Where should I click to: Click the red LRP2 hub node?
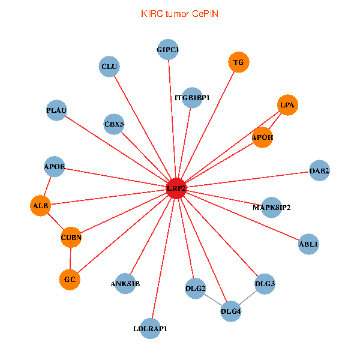click(x=176, y=188)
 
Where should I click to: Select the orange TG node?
click(x=238, y=62)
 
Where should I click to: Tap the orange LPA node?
click(x=288, y=105)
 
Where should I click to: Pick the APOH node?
click(x=263, y=137)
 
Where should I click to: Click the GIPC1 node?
click(x=168, y=49)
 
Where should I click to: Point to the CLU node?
click(x=109, y=66)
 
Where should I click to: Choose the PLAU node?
click(x=56, y=110)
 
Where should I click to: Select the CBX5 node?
click(x=114, y=124)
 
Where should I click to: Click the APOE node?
click(x=55, y=166)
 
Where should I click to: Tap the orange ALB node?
click(x=40, y=206)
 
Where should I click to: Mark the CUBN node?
click(x=71, y=237)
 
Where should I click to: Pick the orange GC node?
click(x=70, y=279)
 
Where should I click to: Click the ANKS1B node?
click(x=125, y=283)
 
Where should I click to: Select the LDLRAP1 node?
click(x=151, y=328)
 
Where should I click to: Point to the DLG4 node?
click(x=231, y=311)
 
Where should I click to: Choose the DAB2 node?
click(x=319, y=171)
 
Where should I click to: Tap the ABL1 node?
click(x=308, y=244)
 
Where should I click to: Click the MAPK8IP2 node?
click(x=272, y=208)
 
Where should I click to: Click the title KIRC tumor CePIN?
click(x=179, y=13)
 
